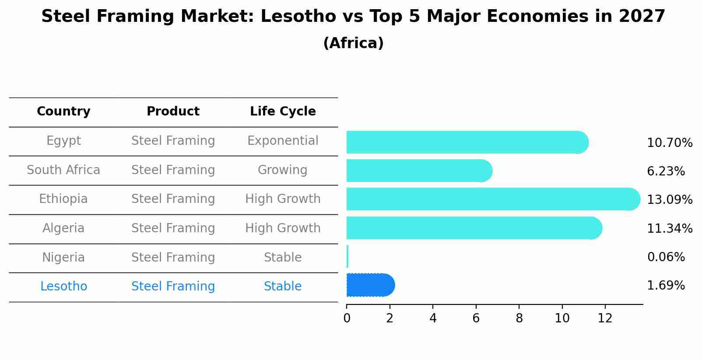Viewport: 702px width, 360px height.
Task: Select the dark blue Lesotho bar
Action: pyautogui.click(x=370, y=285)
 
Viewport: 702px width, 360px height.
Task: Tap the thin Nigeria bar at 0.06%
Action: pyautogui.click(x=347, y=256)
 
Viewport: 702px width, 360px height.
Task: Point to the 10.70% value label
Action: pyautogui.click(x=669, y=143)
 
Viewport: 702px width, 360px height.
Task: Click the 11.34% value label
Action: pyautogui.click(x=669, y=228)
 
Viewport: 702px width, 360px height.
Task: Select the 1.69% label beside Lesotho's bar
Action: pyautogui.click(x=665, y=286)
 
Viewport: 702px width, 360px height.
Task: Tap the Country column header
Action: pyautogui.click(x=63, y=112)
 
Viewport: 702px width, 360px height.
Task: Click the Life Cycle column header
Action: pyautogui.click(x=283, y=112)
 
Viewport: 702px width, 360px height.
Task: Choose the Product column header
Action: pyautogui.click(x=173, y=112)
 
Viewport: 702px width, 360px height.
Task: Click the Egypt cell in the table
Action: pyautogui.click(x=63, y=141)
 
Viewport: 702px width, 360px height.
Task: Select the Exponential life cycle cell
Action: pyautogui.click(x=283, y=141)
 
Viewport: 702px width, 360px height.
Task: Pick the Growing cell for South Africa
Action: pyautogui.click(x=283, y=170)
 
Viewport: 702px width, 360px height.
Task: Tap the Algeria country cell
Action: pyautogui.click(x=63, y=228)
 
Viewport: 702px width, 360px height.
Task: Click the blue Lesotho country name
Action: pyautogui.click(x=63, y=287)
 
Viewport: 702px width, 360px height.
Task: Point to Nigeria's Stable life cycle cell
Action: pyautogui.click(x=283, y=258)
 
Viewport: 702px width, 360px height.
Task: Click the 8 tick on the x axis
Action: pyautogui.click(x=519, y=318)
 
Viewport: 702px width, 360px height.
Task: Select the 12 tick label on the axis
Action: pyautogui.click(x=605, y=318)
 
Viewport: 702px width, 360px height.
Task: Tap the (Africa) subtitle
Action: pyautogui.click(x=353, y=43)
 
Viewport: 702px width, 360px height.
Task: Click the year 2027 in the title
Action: pyautogui.click(x=642, y=17)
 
